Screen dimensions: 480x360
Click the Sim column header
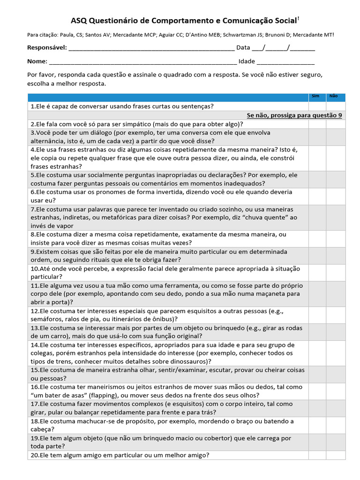[316, 96]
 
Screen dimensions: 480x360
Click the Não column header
[334, 96]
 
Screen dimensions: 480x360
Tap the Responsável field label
[47, 47]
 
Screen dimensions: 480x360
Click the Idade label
[247, 61]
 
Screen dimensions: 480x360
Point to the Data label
[243, 47]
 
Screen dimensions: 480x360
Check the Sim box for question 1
[317, 106]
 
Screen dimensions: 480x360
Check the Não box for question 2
[336, 124]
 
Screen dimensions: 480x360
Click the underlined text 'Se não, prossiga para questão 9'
[294, 115]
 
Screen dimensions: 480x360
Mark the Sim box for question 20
[317, 455]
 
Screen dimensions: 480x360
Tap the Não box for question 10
[336, 273]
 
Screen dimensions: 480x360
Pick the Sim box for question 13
[317, 332]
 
